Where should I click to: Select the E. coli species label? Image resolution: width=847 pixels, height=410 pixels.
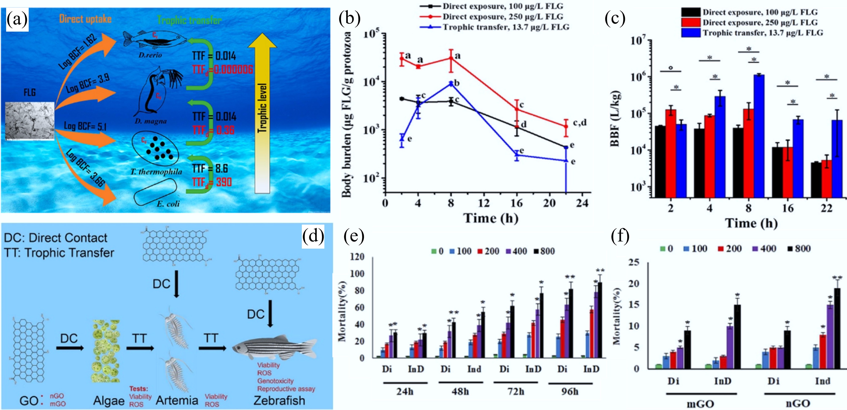(168, 204)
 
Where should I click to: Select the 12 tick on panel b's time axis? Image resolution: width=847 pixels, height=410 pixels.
(484, 203)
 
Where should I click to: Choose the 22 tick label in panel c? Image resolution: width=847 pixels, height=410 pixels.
(826, 208)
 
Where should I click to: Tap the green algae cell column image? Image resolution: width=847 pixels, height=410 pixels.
(105, 351)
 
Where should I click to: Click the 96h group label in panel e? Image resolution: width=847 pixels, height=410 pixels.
(570, 392)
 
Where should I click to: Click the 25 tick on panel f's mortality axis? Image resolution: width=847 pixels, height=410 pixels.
(634, 262)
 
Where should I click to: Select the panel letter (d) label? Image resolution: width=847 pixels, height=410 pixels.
(313, 236)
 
